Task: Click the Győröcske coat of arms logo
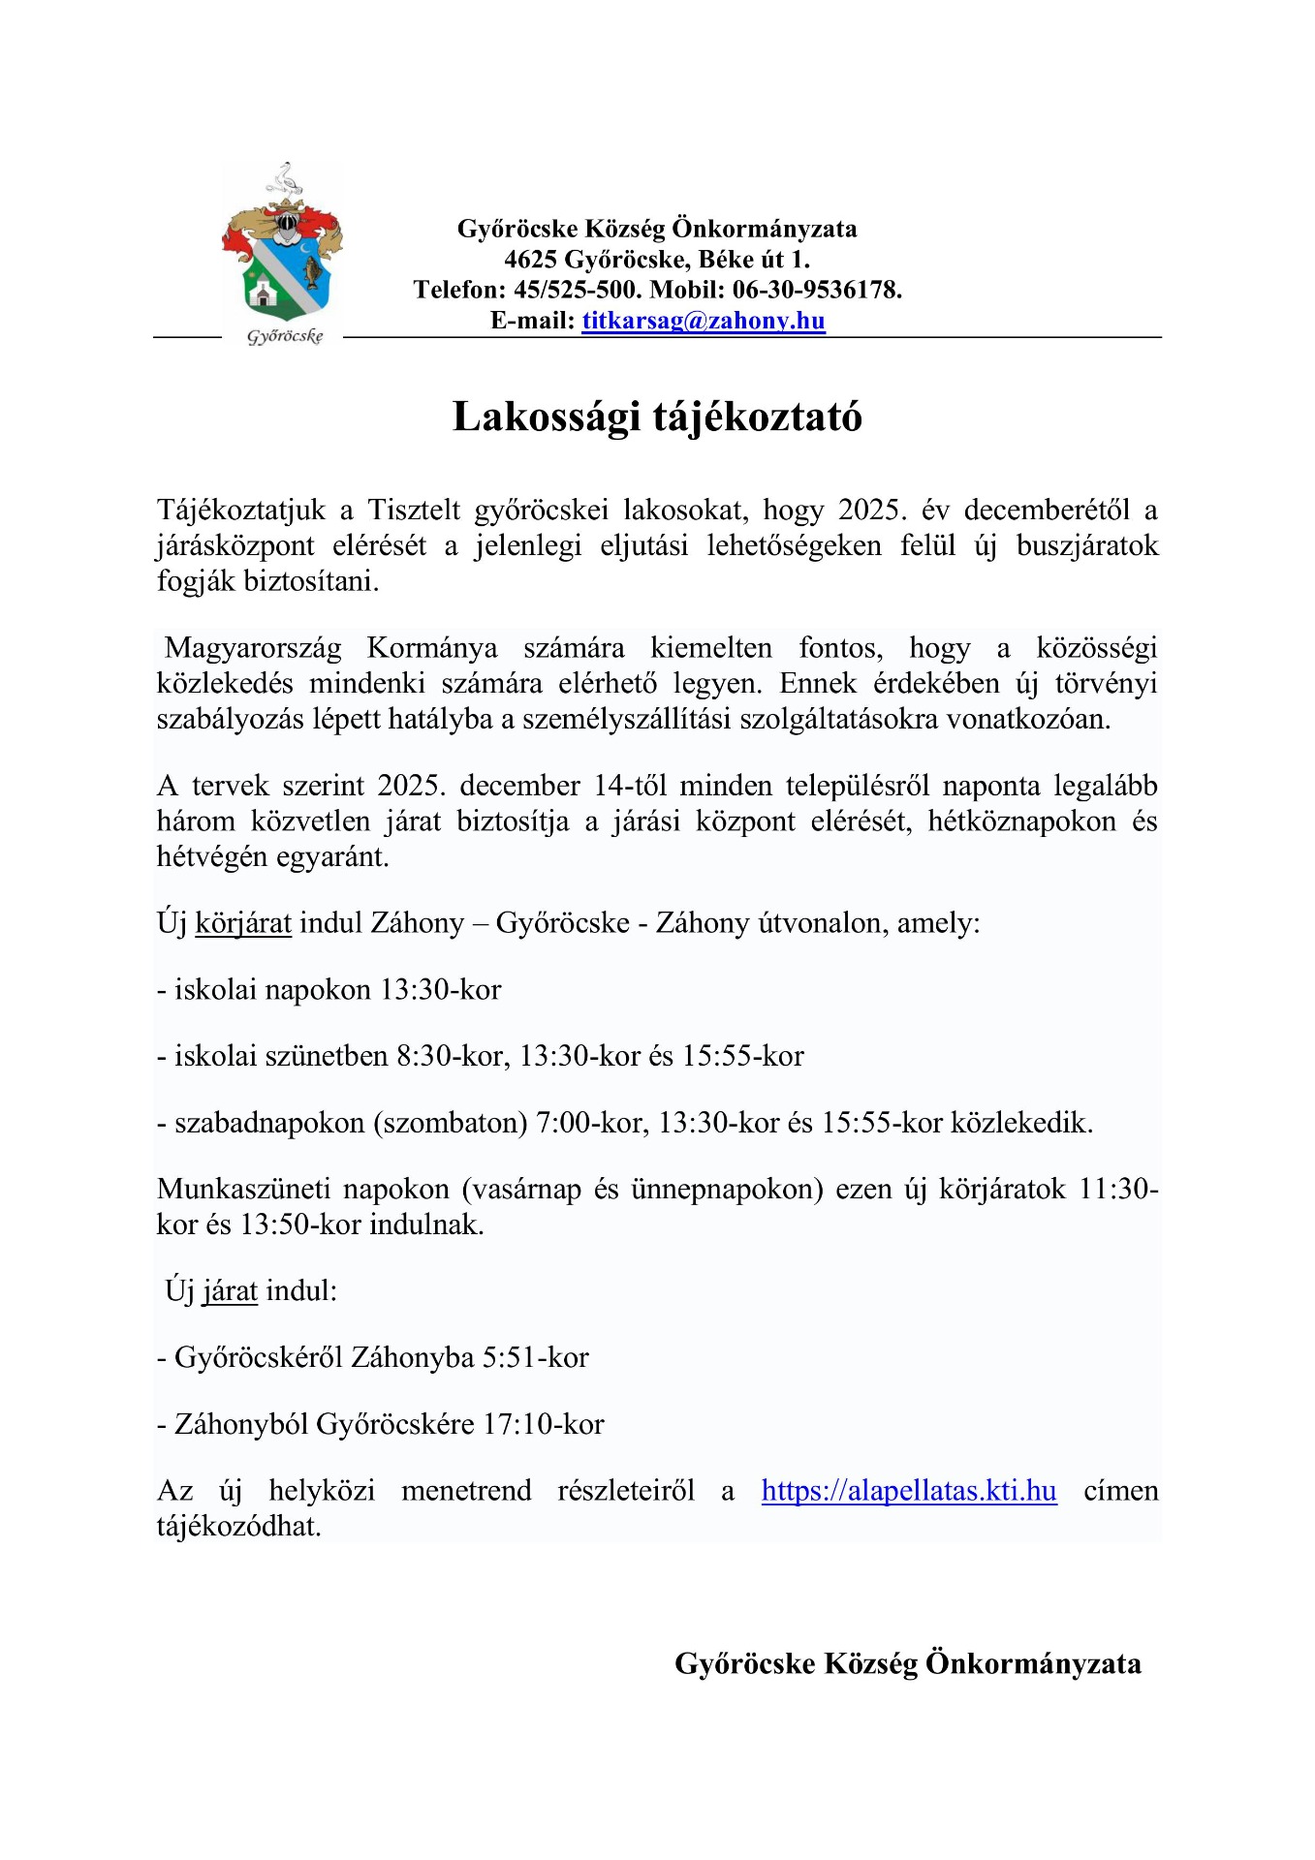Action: [282, 246]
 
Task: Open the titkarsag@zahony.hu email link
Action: [704, 321]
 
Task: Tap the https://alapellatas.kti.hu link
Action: [908, 1490]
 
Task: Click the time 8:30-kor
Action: [453, 1056]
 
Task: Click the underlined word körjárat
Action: [243, 923]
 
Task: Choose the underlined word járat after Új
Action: [230, 1291]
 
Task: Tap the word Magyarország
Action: [252, 648]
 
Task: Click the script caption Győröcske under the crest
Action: [284, 336]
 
